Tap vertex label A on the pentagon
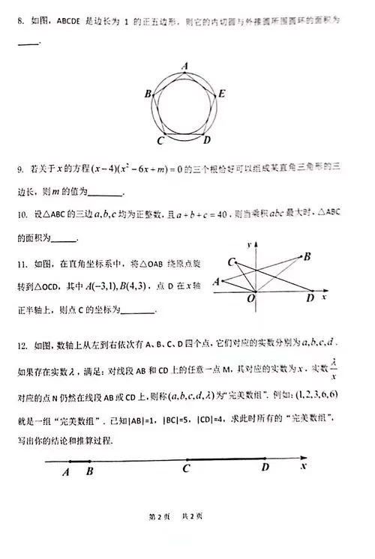click(x=185, y=66)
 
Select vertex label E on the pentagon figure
click(x=222, y=94)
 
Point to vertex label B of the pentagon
click(x=148, y=94)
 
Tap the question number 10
click(x=21, y=214)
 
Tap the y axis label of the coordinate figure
click(x=257, y=246)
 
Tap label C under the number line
click(x=186, y=470)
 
